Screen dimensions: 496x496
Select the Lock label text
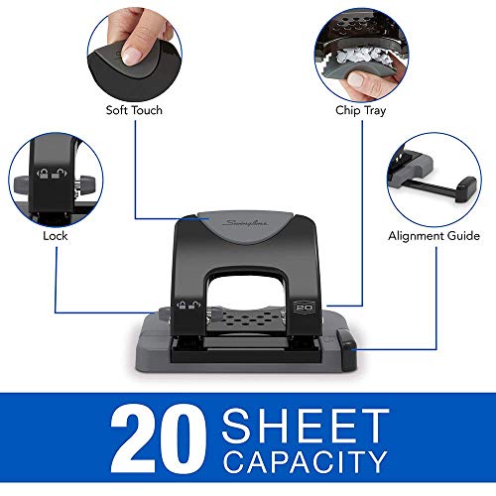coord(56,237)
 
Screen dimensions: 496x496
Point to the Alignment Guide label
coord(434,236)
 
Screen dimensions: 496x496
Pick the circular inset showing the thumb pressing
coord(135,50)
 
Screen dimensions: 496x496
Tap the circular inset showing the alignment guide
coord(433,180)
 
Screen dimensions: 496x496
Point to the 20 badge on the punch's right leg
coord(307,310)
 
